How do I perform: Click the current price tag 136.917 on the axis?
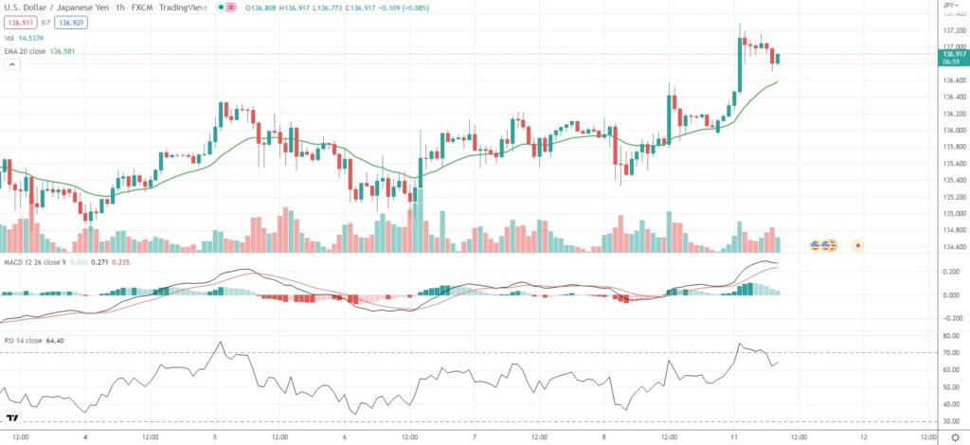tap(953, 55)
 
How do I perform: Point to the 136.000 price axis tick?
tap(953, 130)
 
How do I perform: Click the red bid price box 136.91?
tap(18, 22)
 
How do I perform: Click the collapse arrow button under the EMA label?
tap(12, 64)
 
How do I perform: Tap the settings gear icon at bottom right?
tap(954, 436)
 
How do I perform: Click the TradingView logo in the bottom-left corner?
tap(13, 418)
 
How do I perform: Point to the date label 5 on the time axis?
tap(215, 436)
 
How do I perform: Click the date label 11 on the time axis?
tap(734, 436)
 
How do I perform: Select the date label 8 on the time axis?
tap(604, 436)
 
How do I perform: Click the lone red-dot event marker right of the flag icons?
tap(858, 245)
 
